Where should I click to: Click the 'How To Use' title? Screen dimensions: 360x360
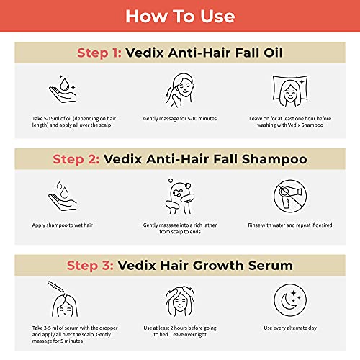pos(180,17)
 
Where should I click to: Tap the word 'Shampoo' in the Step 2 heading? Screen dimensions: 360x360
pos(274,160)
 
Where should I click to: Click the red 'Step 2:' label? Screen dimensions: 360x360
pos(76,160)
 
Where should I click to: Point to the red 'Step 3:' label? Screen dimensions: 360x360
pos(90,266)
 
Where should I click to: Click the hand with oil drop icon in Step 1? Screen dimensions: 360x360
pos(63,89)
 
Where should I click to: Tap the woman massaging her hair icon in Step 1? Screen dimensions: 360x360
pos(179,90)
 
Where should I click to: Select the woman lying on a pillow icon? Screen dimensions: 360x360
pos(290,91)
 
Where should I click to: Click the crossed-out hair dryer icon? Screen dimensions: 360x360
pos(290,197)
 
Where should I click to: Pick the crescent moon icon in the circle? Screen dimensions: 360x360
pos(290,300)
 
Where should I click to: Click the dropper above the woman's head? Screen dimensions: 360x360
pos(55,287)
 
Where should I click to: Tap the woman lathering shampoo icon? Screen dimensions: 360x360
pos(179,197)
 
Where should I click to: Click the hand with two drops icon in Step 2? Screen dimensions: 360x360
pos(63,196)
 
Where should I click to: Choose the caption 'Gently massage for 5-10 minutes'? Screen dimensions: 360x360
pos(180,118)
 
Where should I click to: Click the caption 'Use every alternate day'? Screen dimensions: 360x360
pos(290,328)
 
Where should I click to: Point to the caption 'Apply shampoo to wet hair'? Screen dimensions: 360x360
pos(63,225)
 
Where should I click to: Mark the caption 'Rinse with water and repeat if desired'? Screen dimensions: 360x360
pos(290,225)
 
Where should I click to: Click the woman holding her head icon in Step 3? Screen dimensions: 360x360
pos(180,301)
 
